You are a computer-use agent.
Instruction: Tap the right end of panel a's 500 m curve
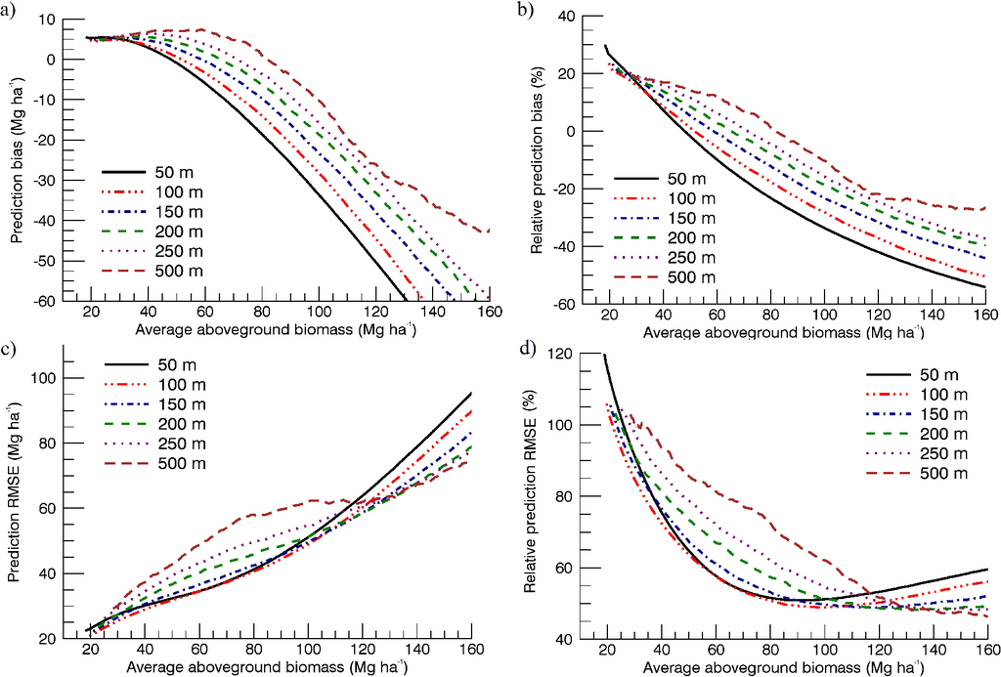(x=489, y=231)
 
